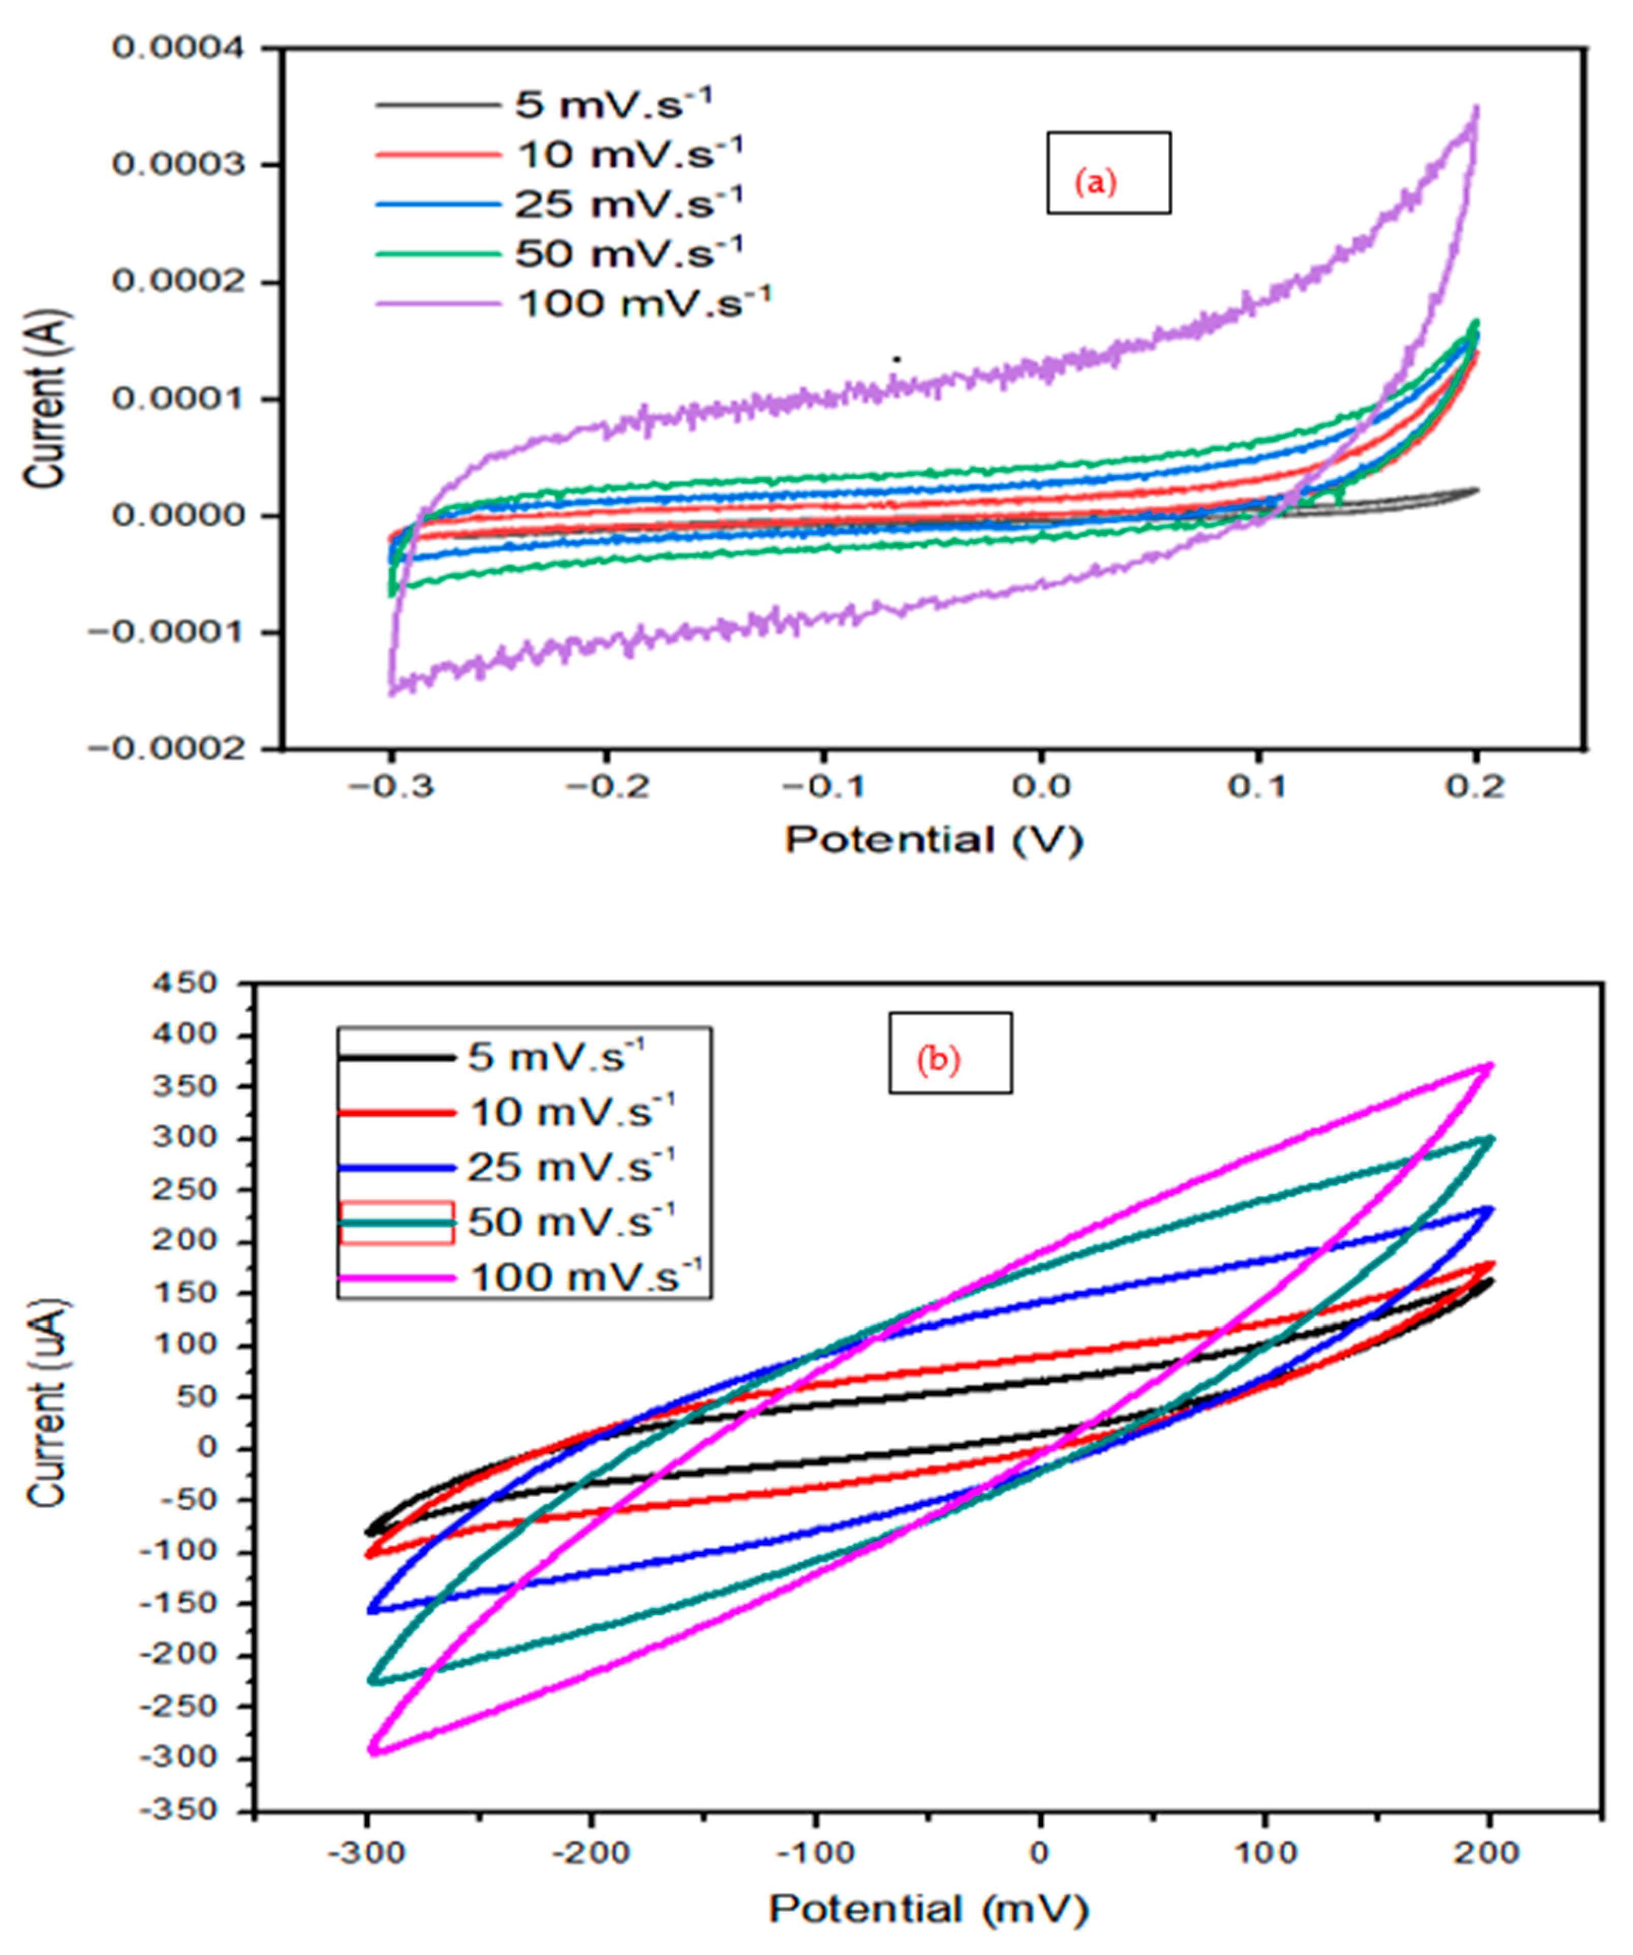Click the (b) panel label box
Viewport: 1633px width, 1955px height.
(949, 1053)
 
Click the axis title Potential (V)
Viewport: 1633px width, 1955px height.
(934, 841)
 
